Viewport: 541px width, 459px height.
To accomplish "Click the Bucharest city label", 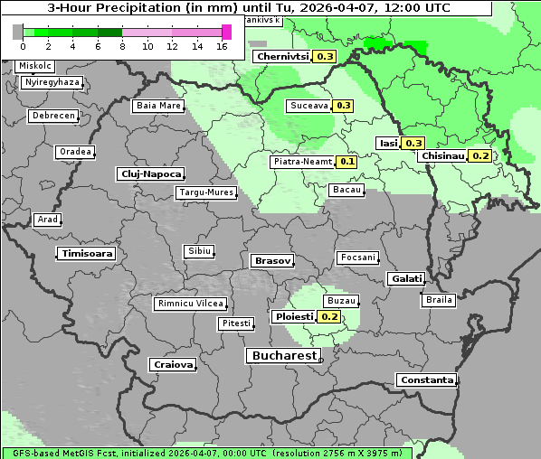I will pos(283,356).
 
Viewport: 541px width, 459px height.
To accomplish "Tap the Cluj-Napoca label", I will pos(150,173).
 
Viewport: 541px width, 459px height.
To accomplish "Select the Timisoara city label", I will pos(87,254).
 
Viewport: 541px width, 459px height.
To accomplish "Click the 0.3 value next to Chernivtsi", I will pos(325,56).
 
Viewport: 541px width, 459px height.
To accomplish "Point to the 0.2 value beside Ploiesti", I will pos(329,316).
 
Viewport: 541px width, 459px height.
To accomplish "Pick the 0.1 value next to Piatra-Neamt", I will pos(346,162).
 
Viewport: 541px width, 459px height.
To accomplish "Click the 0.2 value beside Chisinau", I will pos(480,155).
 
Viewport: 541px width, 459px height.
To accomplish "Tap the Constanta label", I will pos(426,380).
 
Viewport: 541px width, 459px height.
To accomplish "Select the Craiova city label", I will pos(173,364).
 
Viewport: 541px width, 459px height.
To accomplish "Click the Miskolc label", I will pos(35,66).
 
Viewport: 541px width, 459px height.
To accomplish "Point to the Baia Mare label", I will pos(158,106).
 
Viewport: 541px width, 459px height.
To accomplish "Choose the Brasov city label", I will pos(272,260).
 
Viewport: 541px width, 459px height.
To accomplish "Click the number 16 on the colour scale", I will pos(222,46).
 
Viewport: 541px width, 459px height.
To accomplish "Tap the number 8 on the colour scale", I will pos(121,46).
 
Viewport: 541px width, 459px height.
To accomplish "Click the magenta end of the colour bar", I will pos(226,32).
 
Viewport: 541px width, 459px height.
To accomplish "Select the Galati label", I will pos(405,278).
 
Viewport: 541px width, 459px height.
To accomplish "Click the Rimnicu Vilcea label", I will pos(190,304).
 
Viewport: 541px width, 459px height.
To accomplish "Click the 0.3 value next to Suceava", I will pos(343,106).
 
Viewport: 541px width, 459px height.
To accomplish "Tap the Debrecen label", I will pos(52,116).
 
